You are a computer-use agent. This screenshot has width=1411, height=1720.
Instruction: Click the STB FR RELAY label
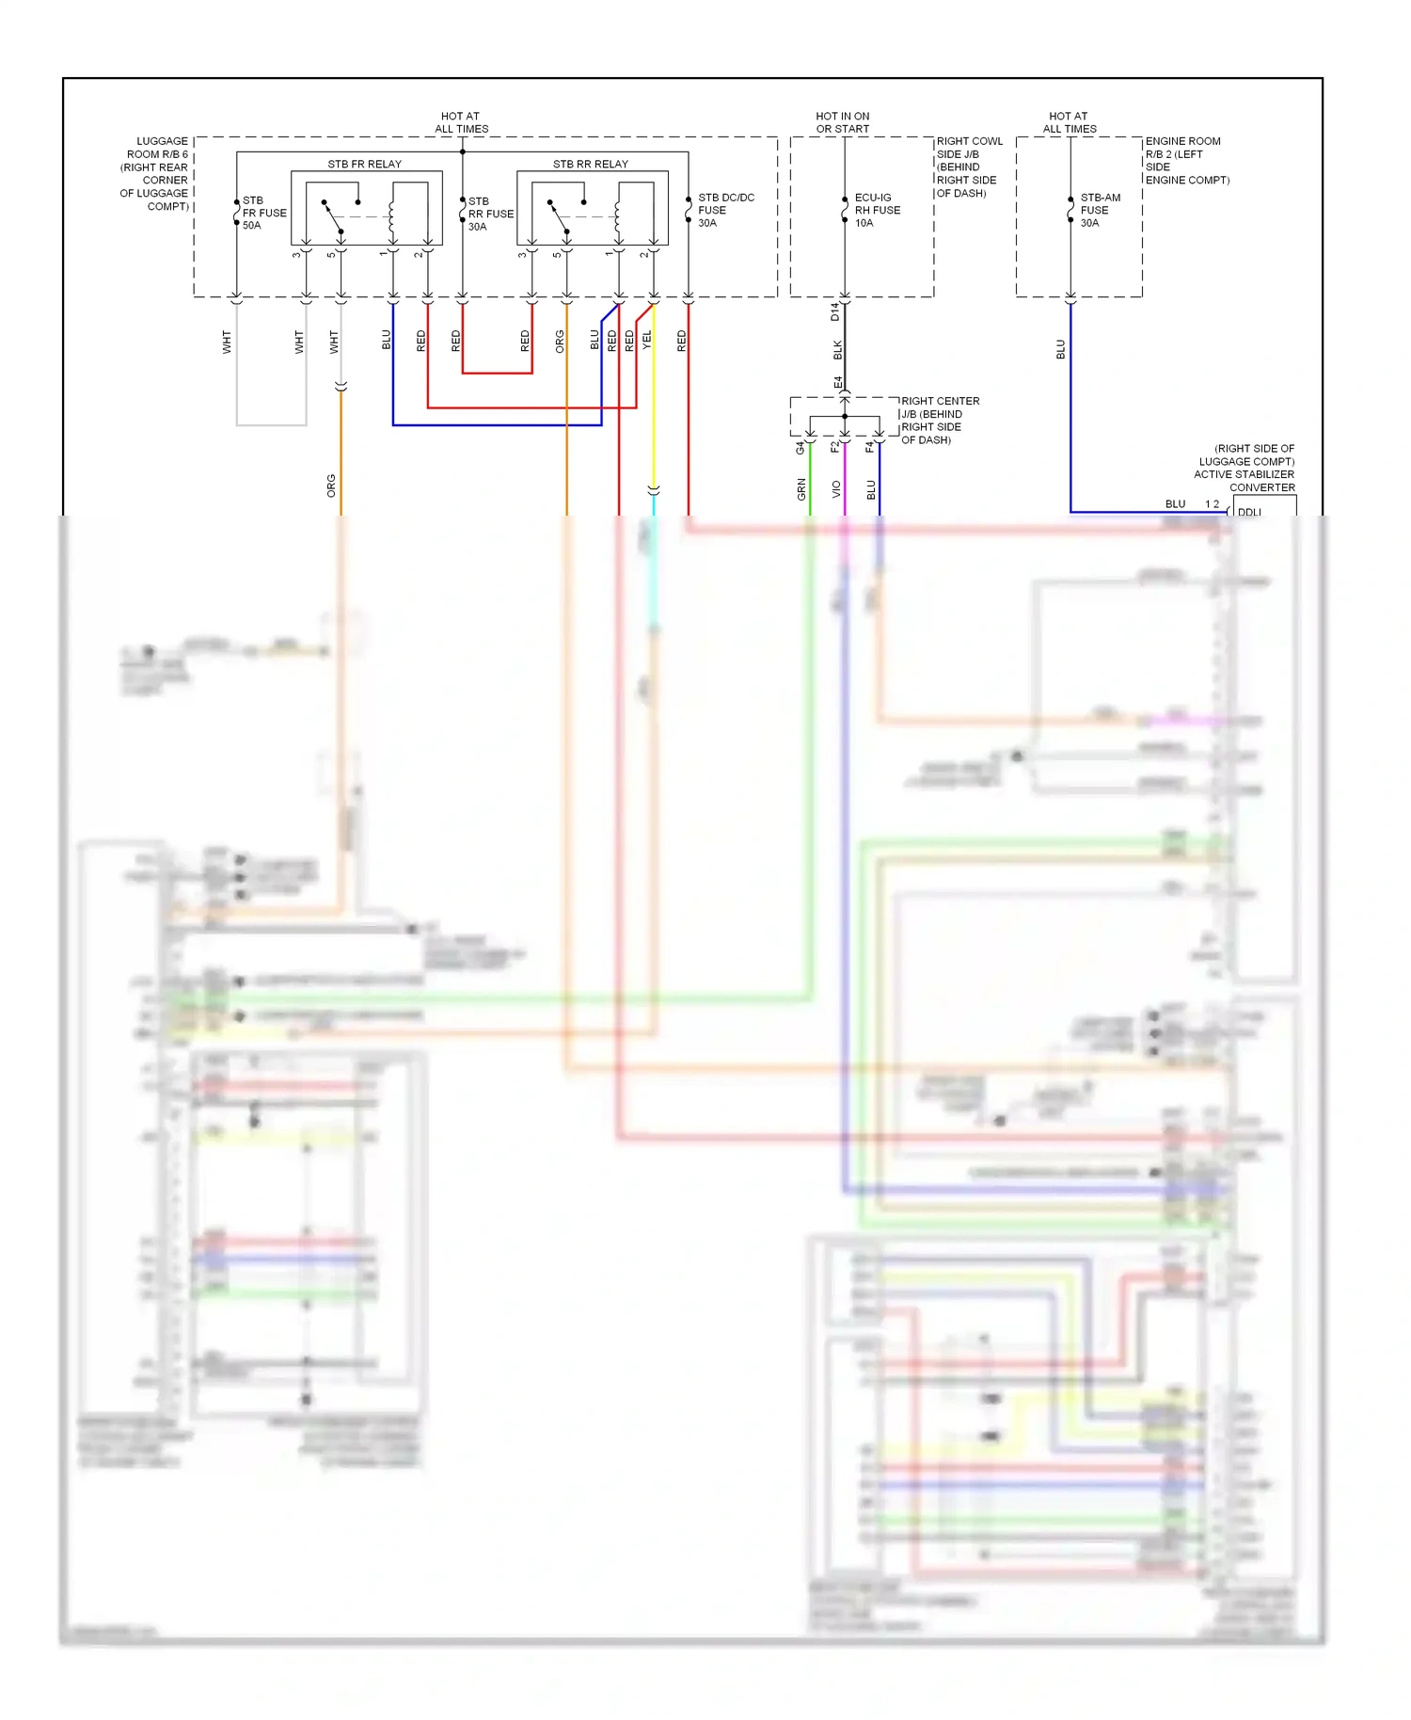(x=364, y=164)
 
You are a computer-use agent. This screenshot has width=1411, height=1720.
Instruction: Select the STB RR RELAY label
(x=590, y=164)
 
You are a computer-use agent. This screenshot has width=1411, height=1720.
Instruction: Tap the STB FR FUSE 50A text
(x=263, y=213)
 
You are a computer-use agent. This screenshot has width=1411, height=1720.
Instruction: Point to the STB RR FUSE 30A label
(x=490, y=214)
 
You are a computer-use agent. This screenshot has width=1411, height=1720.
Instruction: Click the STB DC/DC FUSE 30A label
(x=724, y=210)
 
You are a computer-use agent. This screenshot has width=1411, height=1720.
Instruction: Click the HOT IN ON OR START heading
(x=842, y=122)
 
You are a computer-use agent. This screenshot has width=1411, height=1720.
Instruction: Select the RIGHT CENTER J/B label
(x=939, y=407)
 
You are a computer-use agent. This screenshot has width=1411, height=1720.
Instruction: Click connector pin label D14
(x=834, y=311)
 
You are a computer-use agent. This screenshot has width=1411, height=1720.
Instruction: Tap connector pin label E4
(x=837, y=383)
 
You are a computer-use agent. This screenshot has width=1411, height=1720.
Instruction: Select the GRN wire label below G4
(x=801, y=488)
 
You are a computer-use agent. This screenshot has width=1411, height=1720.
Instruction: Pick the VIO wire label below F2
(x=836, y=488)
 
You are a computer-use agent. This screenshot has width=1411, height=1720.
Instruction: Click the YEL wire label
(x=646, y=341)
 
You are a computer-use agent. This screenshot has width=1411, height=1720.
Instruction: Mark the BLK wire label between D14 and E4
(x=837, y=350)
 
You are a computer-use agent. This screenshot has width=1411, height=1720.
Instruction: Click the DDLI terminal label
(x=1249, y=512)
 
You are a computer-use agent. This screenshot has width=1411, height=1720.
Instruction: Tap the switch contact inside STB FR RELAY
(x=333, y=216)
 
